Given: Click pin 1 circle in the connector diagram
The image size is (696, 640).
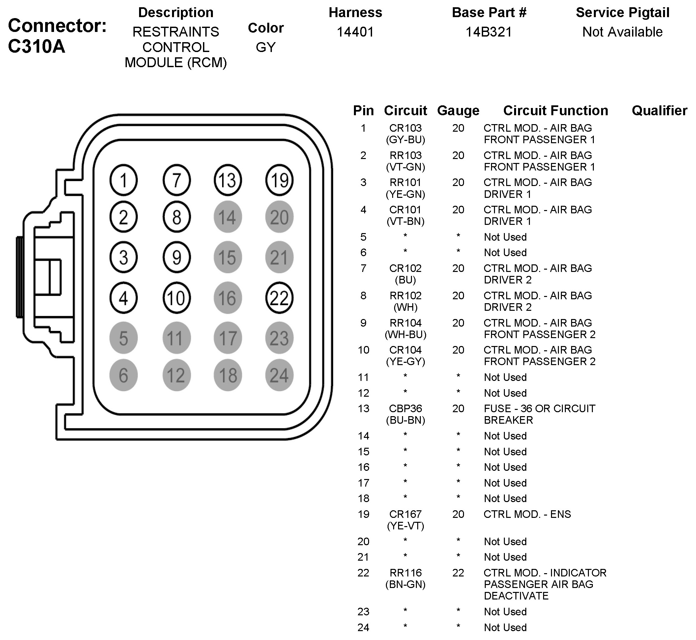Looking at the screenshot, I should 123,180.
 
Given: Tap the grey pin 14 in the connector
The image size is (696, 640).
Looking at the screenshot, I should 227,217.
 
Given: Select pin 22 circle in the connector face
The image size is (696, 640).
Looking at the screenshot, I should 279,298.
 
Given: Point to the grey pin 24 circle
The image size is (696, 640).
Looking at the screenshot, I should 279,375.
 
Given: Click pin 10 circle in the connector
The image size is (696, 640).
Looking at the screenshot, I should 176,298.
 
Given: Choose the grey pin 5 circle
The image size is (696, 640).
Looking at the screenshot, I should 123,338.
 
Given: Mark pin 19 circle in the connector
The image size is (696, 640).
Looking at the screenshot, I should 279,180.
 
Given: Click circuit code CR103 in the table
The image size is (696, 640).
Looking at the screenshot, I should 405,128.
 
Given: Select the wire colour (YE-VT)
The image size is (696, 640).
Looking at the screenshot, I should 405,526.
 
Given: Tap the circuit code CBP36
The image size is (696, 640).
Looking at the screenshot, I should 405,409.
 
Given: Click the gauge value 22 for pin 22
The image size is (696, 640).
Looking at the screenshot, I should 458,573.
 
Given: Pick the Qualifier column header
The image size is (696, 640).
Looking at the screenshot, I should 659,111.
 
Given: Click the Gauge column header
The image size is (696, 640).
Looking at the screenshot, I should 458,111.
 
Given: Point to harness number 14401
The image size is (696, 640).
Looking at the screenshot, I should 355,32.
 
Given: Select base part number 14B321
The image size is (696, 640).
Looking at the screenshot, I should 489,32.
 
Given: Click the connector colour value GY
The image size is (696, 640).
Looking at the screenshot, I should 266,47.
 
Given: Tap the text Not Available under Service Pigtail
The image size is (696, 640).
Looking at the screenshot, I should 622,32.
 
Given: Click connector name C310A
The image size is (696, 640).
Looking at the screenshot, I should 36,46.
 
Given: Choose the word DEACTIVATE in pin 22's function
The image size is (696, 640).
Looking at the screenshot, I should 516,596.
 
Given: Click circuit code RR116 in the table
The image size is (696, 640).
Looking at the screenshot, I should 405,573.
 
